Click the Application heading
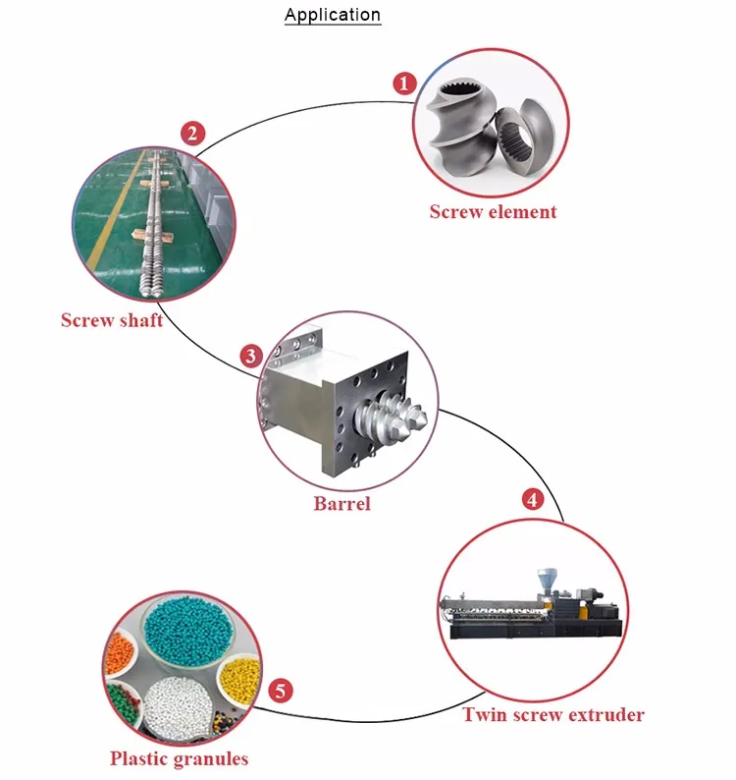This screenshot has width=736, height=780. pos(333,15)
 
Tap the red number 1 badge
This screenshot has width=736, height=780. pos(404,84)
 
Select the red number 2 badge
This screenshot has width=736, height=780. pos(192,134)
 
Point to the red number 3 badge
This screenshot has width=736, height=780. pos(251,357)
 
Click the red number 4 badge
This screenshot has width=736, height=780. pos(533,499)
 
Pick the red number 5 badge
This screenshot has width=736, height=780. pos(281,691)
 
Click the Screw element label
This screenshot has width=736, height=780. pos(493,212)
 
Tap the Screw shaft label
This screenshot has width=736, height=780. pos(112,320)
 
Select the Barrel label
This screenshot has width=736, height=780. pos(342,503)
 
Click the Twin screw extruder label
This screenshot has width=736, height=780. pos(553,715)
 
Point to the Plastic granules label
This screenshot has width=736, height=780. pos(179,758)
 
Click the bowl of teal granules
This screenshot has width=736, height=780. pos(187,632)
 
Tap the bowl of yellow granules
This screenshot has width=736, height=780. pos(239,680)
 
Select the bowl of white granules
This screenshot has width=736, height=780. pos(178,706)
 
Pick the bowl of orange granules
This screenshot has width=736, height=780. pos(120,651)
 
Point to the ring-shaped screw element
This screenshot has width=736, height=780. pos(525,137)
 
